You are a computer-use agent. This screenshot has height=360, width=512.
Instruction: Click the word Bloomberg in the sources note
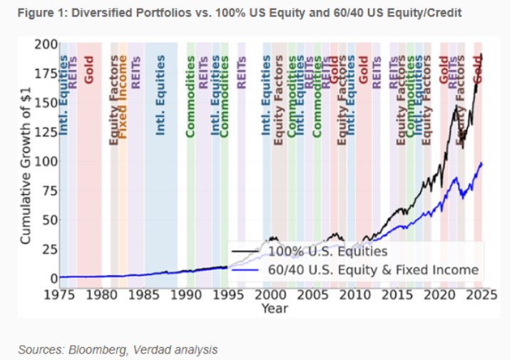tap(93, 349)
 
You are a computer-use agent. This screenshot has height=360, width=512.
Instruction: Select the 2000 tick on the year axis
tap(271, 294)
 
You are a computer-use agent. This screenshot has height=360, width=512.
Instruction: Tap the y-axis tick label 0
tap(53, 278)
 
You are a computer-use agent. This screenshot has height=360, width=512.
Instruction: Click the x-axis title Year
tap(274, 308)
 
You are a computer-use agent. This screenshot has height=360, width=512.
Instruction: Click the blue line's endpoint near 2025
tap(482, 163)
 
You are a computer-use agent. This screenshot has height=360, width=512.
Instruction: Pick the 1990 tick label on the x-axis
tap(187, 294)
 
